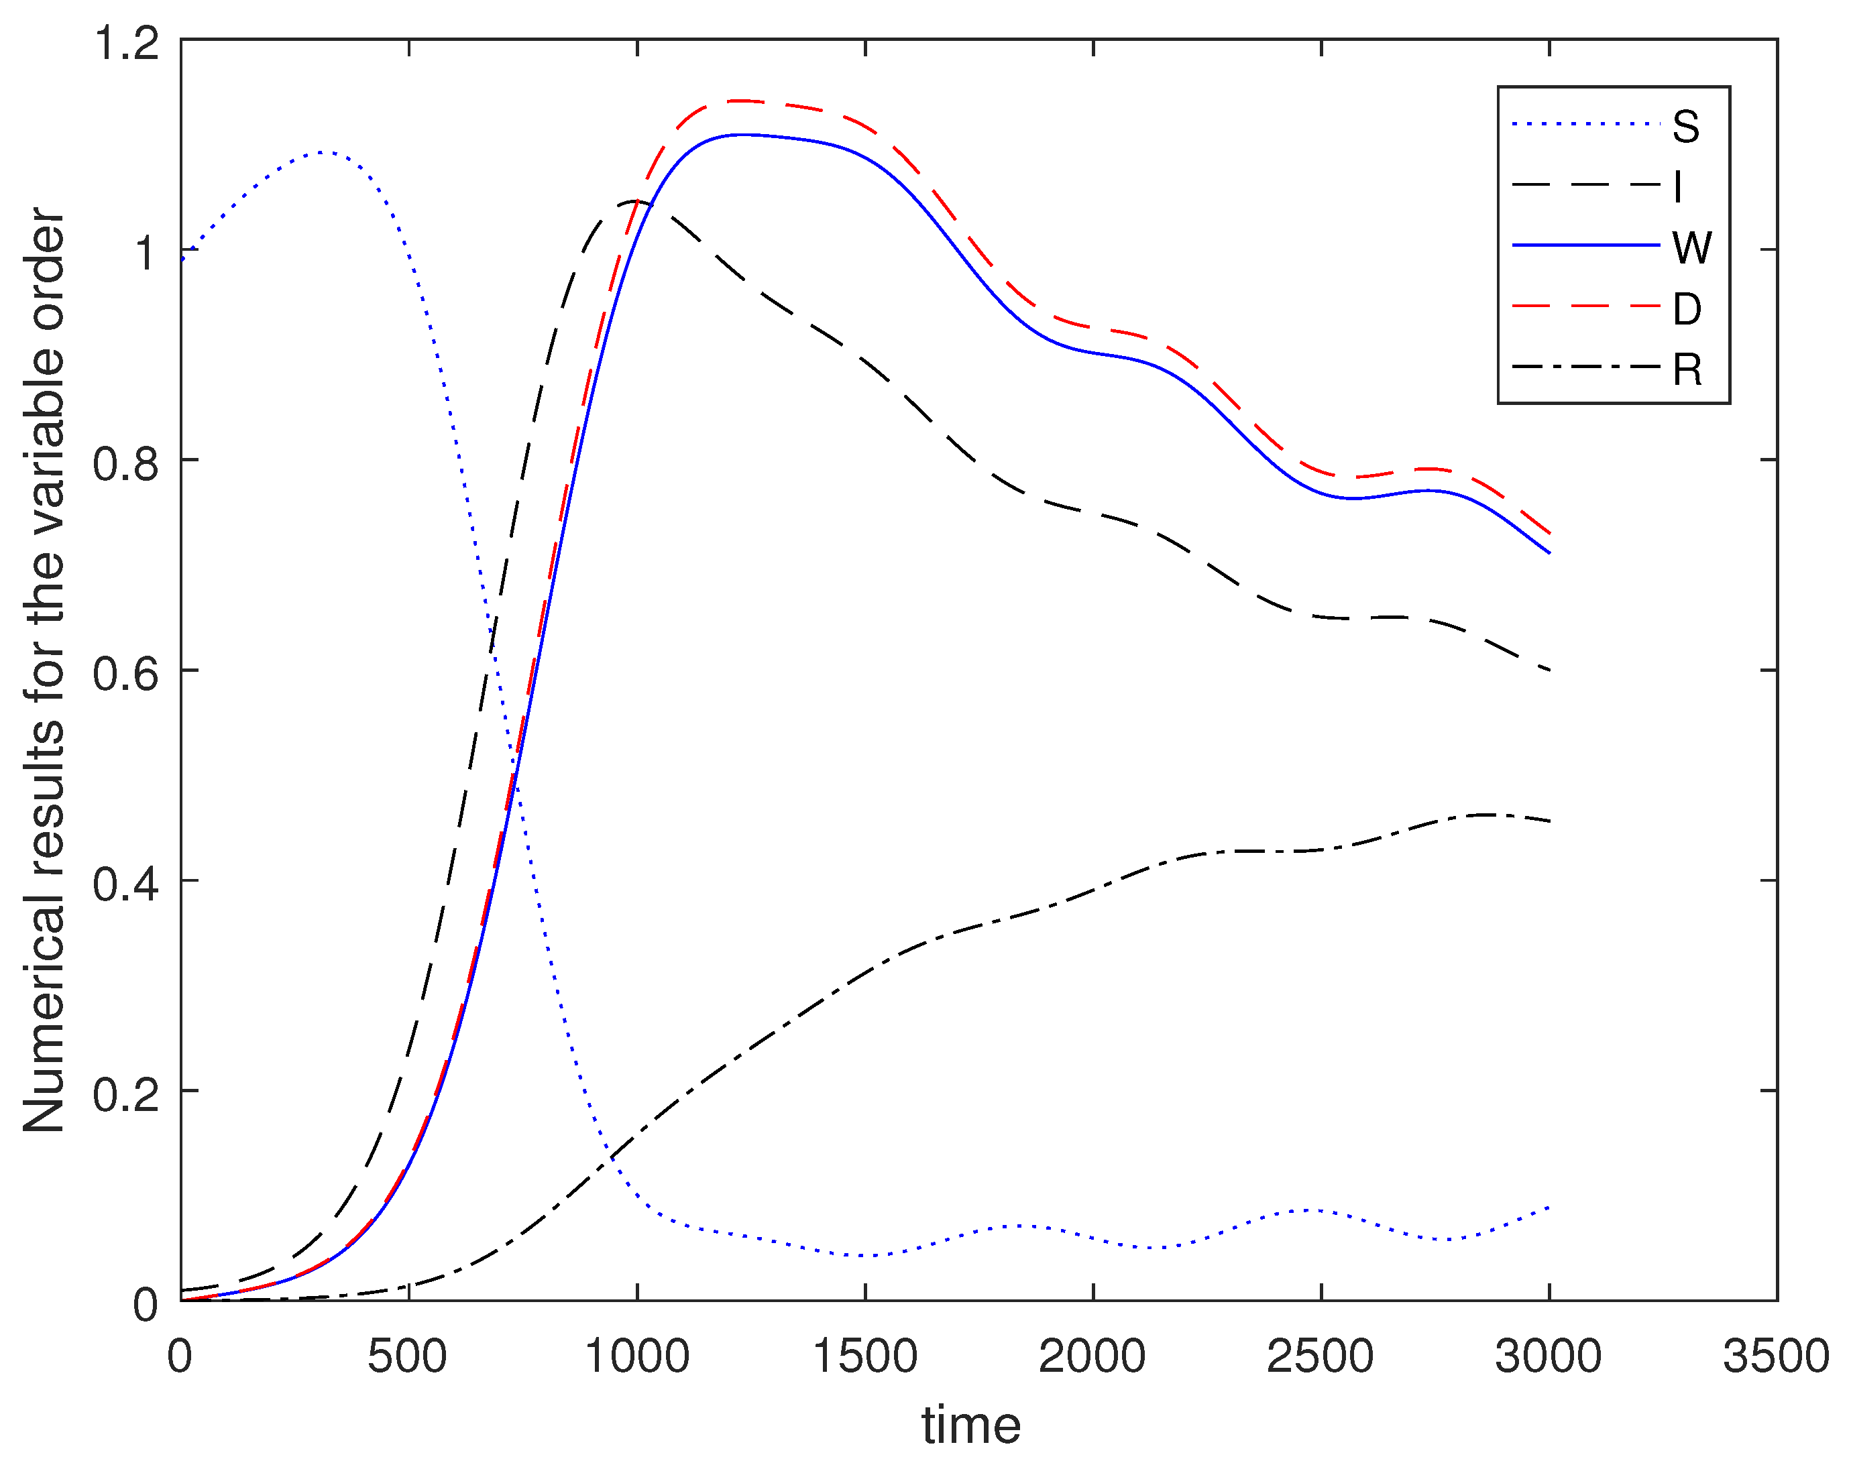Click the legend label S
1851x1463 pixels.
click(1686, 127)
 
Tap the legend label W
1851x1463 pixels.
click(1691, 248)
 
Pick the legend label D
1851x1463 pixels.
click(1687, 309)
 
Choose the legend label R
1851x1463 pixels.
click(1687, 370)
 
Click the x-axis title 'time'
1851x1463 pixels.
click(971, 1425)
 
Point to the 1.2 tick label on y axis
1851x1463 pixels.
click(127, 43)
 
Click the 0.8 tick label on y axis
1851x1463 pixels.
click(127, 463)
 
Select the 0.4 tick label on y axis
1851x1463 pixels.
click(127, 884)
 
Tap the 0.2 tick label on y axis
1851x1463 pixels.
click(127, 1094)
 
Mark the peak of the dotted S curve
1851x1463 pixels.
click(321, 152)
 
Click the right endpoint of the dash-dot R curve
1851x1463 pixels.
click(1549, 821)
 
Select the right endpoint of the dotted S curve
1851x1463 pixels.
click(1549, 1207)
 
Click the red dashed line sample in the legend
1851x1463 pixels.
click(1585, 306)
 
